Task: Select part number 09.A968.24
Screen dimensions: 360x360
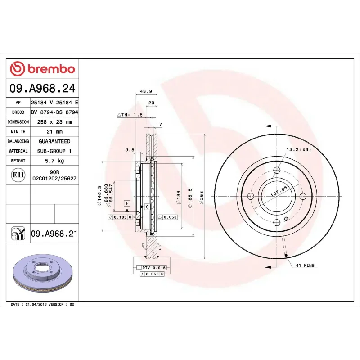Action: [x=43, y=89]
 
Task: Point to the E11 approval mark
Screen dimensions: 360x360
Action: [x=18, y=175]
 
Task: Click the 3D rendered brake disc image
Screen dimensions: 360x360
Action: [x=43, y=274]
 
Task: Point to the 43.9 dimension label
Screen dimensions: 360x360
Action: [x=146, y=91]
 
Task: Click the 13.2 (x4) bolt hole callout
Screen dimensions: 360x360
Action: [x=298, y=149]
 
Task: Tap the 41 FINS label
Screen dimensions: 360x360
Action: [x=306, y=265]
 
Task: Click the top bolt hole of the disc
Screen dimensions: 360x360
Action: [x=276, y=170]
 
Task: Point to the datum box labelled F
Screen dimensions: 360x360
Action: [x=127, y=203]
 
